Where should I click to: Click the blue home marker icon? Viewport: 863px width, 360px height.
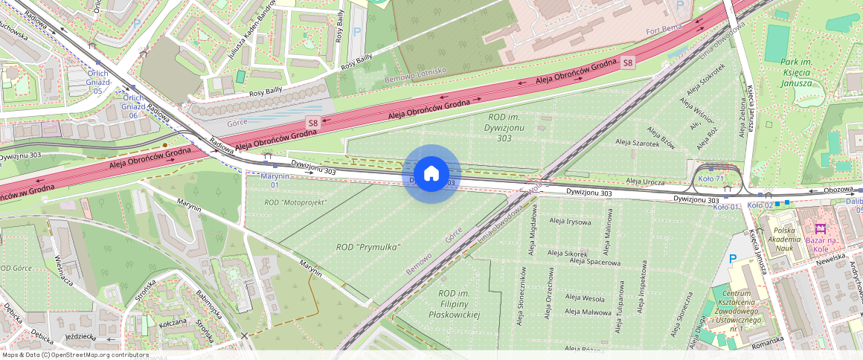431,174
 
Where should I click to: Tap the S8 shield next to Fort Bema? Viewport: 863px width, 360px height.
629,63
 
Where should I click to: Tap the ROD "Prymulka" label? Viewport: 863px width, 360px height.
368,247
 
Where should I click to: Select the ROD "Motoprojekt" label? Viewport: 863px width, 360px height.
295,202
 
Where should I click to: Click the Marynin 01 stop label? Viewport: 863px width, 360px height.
275,180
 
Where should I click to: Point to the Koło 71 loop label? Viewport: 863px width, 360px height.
710,179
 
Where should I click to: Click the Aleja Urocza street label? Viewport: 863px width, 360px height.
644,181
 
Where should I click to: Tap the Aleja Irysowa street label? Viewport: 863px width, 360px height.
570,222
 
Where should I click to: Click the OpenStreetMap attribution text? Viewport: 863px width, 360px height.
74,355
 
